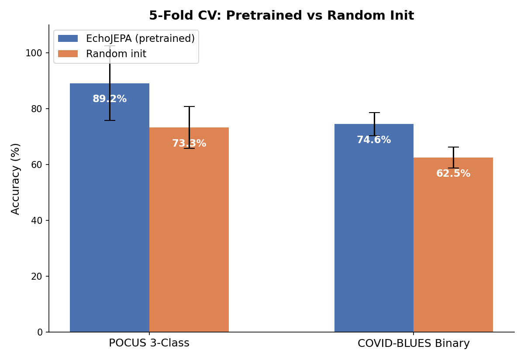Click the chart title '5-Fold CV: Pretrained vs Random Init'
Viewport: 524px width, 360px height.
(x=281, y=16)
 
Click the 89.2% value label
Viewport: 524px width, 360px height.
(x=110, y=99)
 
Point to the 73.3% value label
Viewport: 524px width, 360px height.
(x=189, y=144)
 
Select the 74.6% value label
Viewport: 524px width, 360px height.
(x=374, y=140)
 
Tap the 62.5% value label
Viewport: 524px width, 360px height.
(x=453, y=174)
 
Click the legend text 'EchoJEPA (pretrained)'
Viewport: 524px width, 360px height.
(x=140, y=39)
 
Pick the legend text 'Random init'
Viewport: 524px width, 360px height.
(x=116, y=54)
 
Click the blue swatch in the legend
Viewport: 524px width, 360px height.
(x=68, y=39)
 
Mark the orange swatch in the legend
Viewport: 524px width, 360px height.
(x=68, y=54)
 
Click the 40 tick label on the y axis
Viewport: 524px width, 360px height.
(x=37, y=221)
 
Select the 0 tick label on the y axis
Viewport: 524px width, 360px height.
(x=40, y=333)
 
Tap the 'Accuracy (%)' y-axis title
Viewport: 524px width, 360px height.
(x=16, y=179)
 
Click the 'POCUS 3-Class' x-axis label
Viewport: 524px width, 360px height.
(x=149, y=343)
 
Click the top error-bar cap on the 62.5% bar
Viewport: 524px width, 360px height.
(x=453, y=147)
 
